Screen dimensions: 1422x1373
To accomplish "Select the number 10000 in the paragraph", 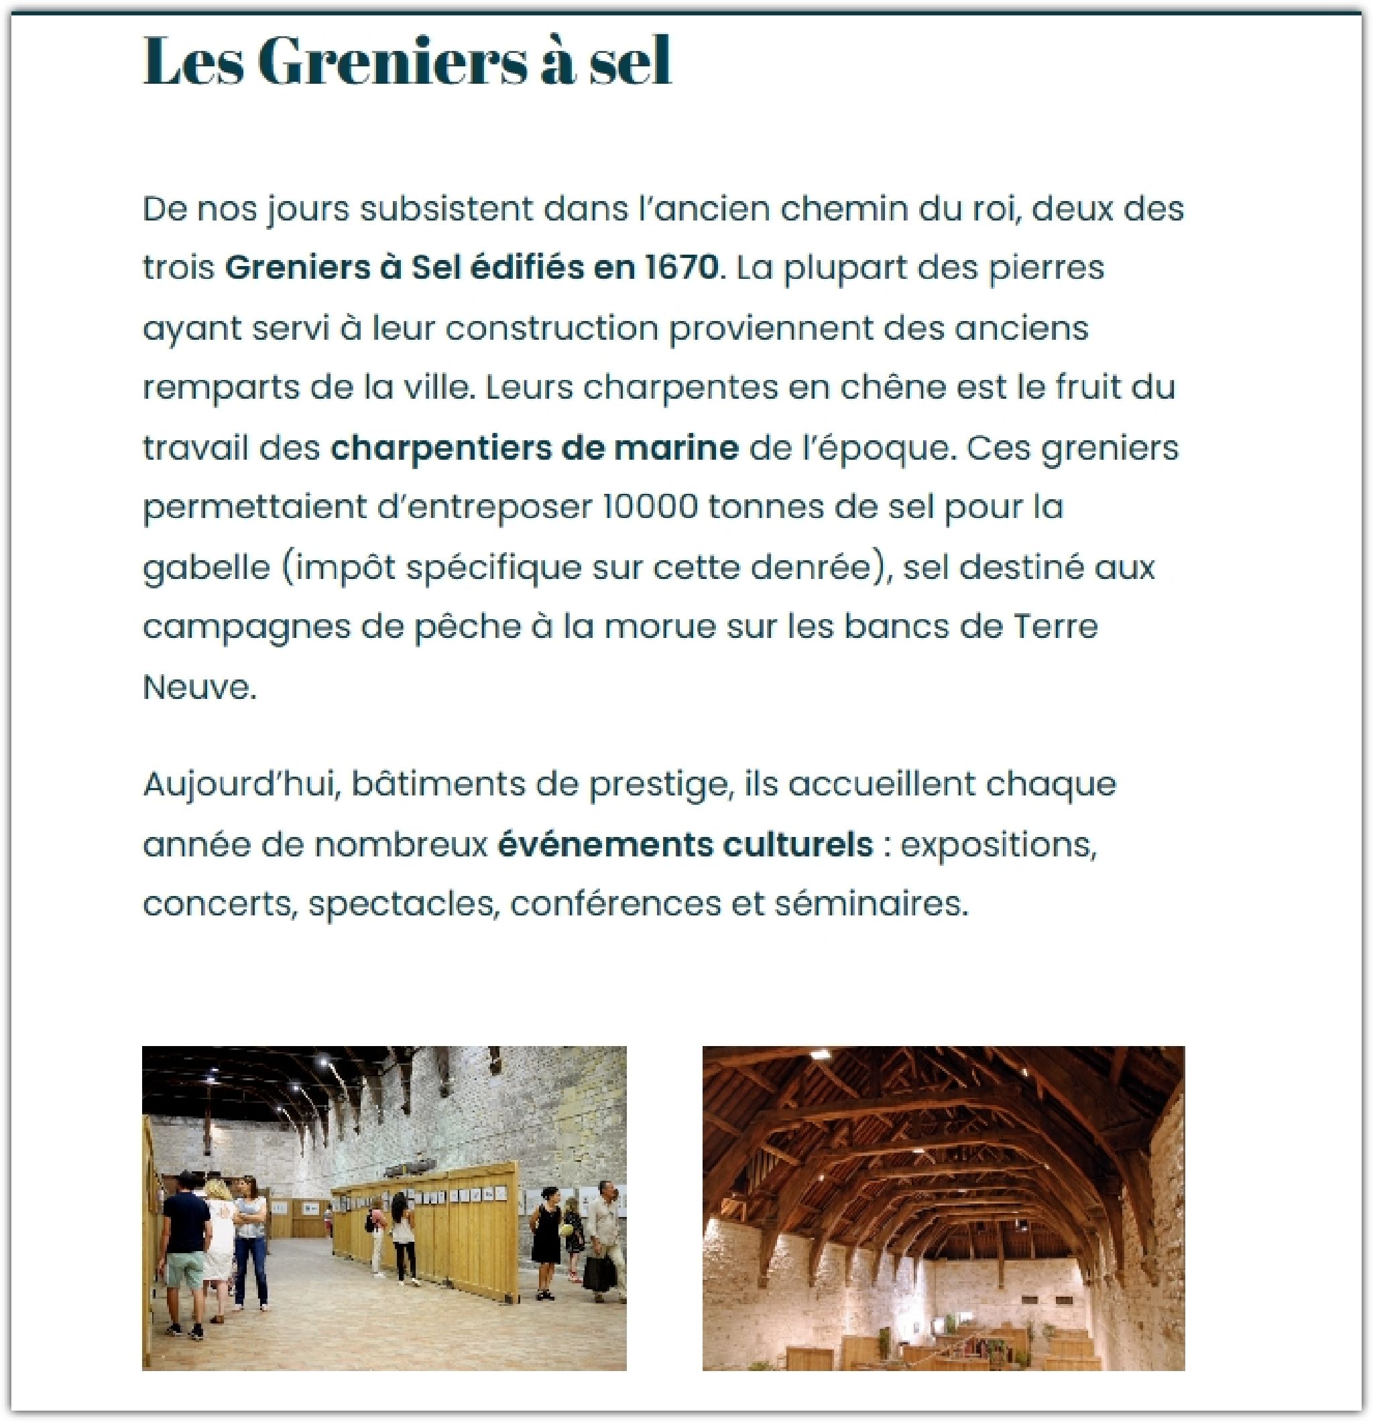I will click(x=650, y=507).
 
